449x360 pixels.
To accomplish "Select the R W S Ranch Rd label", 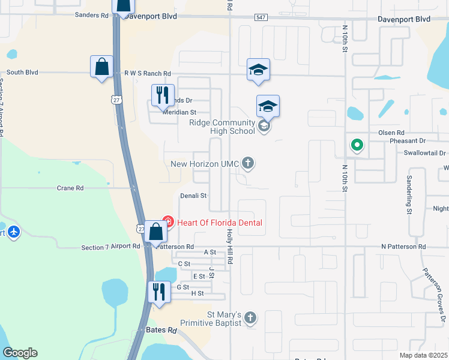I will pos(147,73).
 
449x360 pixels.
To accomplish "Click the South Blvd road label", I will pos(22,73).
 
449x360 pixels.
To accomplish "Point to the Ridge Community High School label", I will pos(222,127).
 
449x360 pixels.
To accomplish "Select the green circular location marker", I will pos(357,145).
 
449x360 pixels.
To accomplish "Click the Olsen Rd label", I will pos(391,133).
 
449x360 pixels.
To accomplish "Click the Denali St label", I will pos(193,196).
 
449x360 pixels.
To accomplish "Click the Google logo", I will pos(20,353).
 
